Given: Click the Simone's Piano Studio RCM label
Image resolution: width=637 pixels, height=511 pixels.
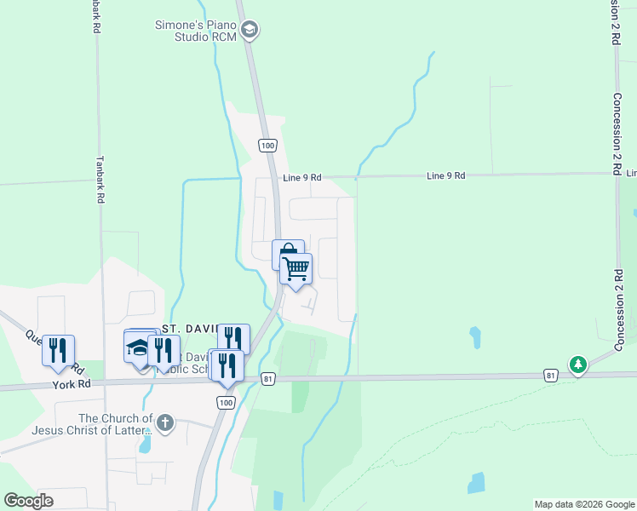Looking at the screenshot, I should (x=195, y=32).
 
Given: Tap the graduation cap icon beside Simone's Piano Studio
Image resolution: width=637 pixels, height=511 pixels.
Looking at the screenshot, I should (x=250, y=32).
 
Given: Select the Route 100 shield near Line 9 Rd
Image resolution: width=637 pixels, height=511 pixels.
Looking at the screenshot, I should (x=268, y=146).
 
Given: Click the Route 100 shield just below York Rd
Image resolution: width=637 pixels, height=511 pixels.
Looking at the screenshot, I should (x=226, y=401).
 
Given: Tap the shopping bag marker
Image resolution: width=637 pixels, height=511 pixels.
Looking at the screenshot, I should (x=287, y=253).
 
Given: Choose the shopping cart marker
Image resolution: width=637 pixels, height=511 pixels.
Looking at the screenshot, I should (x=296, y=268).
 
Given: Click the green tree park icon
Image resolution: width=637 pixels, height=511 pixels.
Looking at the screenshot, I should (x=578, y=364).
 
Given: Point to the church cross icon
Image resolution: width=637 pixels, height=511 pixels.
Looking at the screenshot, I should (x=165, y=422).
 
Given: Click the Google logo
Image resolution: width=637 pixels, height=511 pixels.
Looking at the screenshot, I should (x=29, y=501).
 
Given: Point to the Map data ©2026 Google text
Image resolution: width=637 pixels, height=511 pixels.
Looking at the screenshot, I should (x=583, y=504).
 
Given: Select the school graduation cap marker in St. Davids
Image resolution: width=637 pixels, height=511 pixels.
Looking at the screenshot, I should (x=139, y=347).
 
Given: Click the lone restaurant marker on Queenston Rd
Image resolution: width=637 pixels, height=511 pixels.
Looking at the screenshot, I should (x=58, y=350).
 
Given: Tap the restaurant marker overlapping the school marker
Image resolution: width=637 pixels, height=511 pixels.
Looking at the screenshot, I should (x=164, y=350).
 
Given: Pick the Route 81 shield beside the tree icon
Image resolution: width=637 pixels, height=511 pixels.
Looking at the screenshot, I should (x=551, y=375).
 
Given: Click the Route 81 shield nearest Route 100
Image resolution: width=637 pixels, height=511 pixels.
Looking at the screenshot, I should (x=268, y=378).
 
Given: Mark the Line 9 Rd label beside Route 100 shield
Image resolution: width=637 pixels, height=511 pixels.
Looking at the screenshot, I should (x=302, y=177).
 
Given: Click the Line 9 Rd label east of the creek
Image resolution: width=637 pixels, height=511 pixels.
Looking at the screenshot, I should (x=446, y=175).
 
